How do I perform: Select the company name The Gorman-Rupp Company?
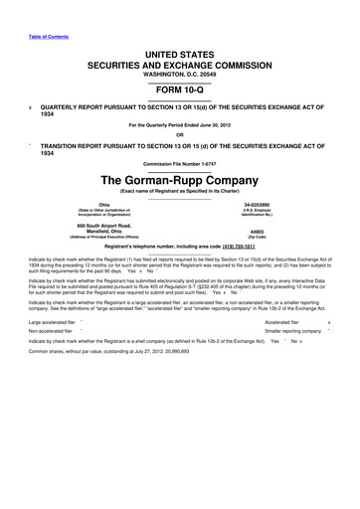[x=179, y=181]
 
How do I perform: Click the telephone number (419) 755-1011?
[x=258, y=247]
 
